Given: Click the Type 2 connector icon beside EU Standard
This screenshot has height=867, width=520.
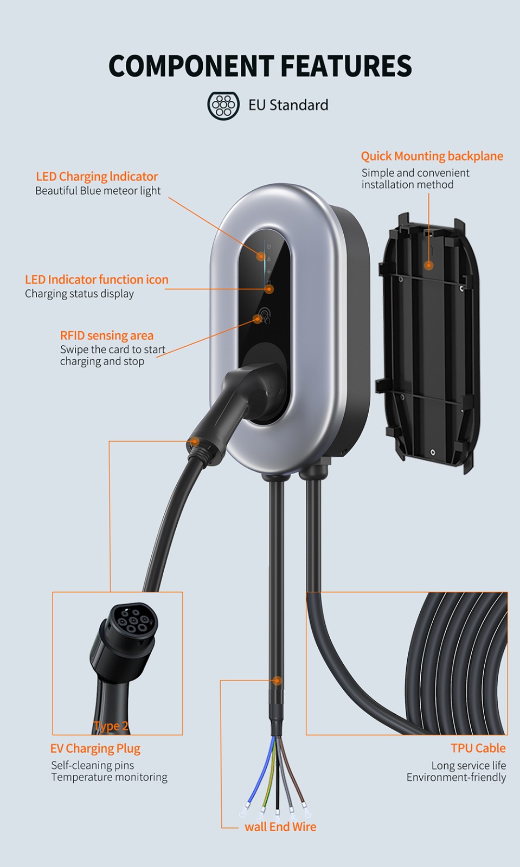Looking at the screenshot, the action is [x=223, y=105].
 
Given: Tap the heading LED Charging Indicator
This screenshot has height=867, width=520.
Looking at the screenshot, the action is [x=97, y=177].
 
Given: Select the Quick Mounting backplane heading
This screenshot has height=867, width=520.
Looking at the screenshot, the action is [x=432, y=157].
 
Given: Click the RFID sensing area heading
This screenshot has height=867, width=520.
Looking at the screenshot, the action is [x=107, y=335].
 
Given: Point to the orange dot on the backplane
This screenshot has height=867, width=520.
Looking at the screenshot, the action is [x=428, y=266].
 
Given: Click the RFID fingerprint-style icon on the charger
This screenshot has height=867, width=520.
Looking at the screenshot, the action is [x=265, y=315].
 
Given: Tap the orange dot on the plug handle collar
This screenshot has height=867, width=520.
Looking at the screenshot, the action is [x=195, y=441].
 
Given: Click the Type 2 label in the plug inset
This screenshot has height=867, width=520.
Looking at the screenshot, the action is [x=111, y=726].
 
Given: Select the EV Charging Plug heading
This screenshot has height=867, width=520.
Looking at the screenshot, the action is [x=95, y=748].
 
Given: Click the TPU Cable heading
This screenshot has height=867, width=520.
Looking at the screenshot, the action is [x=478, y=748].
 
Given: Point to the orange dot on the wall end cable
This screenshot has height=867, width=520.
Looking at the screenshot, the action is [x=277, y=681].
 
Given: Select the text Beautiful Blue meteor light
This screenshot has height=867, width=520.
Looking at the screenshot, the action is [x=98, y=191].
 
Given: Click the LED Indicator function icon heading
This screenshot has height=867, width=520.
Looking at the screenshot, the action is [x=97, y=280].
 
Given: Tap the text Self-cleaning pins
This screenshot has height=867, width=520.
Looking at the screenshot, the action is [x=93, y=765].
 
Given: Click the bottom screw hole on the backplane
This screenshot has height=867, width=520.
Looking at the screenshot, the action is [x=433, y=452].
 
